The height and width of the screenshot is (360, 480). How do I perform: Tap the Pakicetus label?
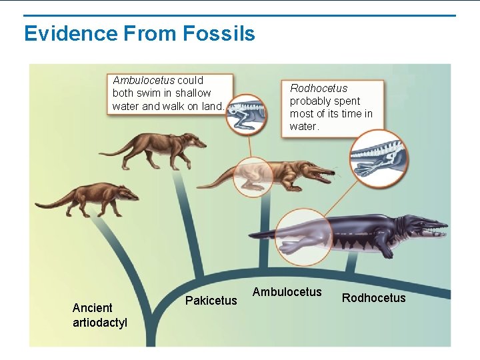211,301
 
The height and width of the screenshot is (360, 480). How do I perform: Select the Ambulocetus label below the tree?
287,292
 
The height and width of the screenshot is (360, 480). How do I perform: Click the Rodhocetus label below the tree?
373,298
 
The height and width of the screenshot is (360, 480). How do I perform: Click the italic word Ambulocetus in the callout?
143,81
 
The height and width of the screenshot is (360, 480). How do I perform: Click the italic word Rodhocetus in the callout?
319,88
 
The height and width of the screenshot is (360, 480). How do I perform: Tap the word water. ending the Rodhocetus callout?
305,126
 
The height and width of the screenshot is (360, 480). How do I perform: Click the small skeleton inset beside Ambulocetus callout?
245,113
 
